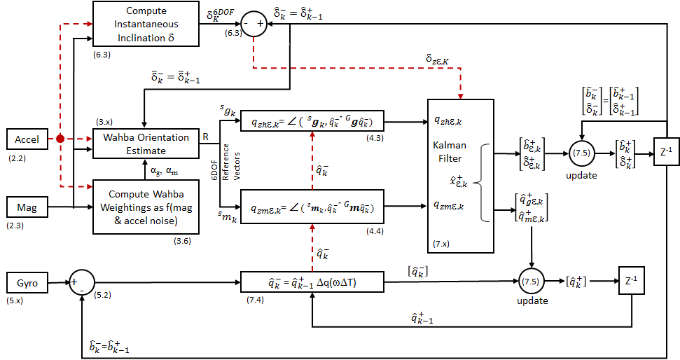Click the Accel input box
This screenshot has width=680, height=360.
(x=27, y=139)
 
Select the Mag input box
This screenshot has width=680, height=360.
(x=27, y=207)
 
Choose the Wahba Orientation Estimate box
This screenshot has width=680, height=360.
(x=141, y=144)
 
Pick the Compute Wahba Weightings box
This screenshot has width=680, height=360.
(x=141, y=208)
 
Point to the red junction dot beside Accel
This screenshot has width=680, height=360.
(x=62, y=139)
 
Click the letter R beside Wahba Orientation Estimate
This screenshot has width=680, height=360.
(x=206, y=137)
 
